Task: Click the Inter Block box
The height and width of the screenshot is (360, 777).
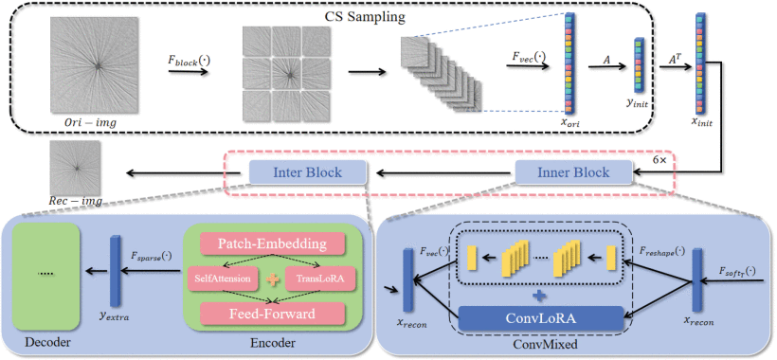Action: (307, 172)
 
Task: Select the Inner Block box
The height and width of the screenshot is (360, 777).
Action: (574, 172)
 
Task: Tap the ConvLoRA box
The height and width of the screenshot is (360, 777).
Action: (541, 318)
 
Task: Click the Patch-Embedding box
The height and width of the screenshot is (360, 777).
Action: (272, 244)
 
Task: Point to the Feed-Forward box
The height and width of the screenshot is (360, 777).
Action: (272, 314)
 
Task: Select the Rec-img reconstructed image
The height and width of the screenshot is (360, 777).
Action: (76, 167)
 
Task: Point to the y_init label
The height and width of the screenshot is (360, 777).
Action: (637, 105)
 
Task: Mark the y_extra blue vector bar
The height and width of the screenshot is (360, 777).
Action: (115, 271)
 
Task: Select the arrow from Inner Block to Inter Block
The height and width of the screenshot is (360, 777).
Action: (445, 172)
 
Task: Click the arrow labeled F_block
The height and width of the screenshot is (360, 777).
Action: (188, 71)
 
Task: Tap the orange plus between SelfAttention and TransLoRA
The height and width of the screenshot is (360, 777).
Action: (273, 279)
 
